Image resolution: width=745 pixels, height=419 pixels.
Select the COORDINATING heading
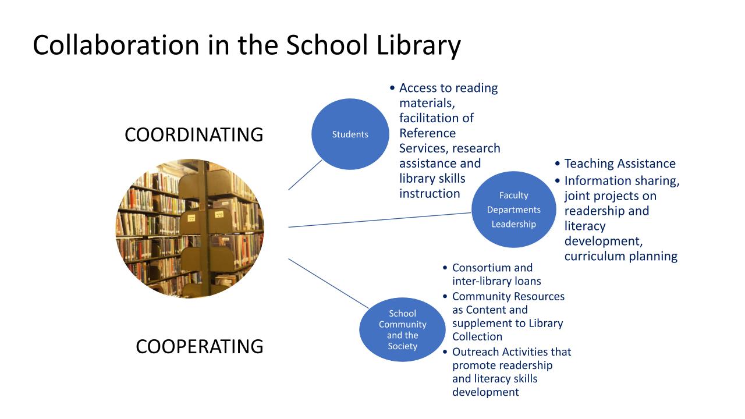(194, 135)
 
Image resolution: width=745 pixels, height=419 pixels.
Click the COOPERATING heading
(199, 347)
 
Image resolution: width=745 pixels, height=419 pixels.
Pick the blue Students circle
(350, 134)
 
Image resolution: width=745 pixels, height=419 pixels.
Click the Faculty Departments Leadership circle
(513, 210)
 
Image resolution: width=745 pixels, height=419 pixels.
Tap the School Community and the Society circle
(402, 329)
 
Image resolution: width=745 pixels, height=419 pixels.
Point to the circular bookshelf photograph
(190, 228)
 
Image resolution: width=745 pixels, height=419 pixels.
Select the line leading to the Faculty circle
(378, 220)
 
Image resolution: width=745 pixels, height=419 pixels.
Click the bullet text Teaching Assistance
(620, 164)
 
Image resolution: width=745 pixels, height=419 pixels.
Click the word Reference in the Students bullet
(427, 133)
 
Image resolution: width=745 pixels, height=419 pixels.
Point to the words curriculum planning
(620, 256)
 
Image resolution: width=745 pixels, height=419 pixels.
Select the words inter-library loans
(496, 281)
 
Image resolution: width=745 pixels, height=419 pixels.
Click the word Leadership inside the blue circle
(513, 224)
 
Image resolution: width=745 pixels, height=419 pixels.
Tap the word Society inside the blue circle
(402, 346)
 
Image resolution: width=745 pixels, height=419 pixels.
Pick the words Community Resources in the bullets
(508, 296)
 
